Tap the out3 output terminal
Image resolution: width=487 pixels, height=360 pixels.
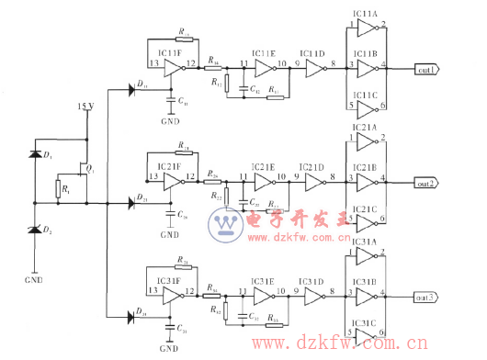[x=425, y=298]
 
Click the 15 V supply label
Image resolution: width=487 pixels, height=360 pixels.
[x=85, y=107]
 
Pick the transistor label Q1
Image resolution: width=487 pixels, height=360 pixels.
[x=90, y=170]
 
